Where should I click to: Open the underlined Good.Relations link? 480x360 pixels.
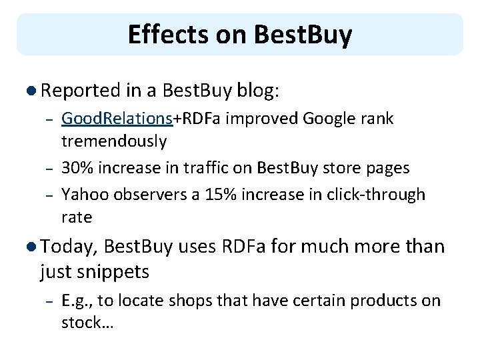tap(117, 119)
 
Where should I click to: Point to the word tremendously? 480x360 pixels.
tap(113, 141)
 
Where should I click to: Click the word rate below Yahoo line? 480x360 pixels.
tap(76, 217)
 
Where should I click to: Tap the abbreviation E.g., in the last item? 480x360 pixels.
tap(77, 300)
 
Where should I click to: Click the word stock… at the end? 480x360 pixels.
tap(87, 323)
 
